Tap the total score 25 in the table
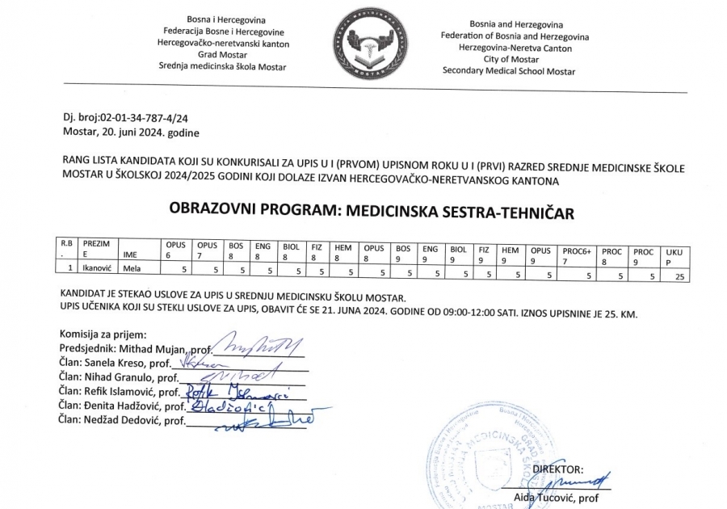click(x=679, y=276)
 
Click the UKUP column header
click(x=674, y=256)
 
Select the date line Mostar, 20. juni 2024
click(x=130, y=132)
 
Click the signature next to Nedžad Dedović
click(x=258, y=420)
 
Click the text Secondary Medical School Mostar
click(x=509, y=71)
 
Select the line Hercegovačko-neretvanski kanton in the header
click(x=223, y=44)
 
